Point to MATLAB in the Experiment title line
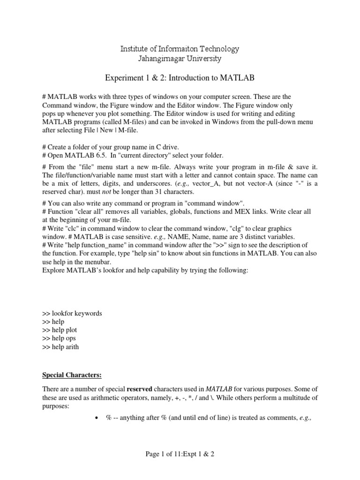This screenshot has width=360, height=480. tap(239, 76)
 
